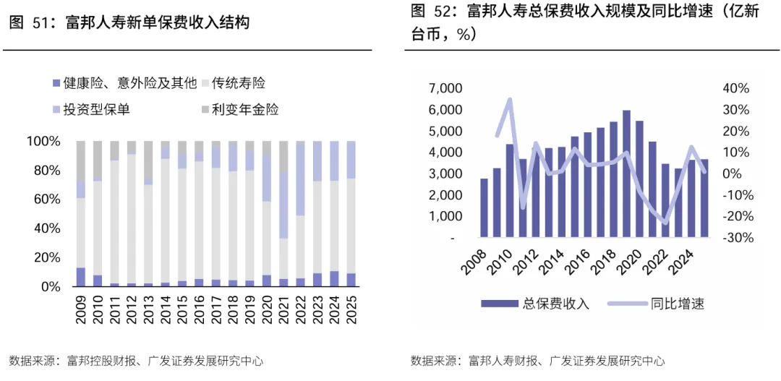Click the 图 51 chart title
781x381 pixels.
pos(129,23)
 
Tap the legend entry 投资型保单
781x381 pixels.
pos(91,110)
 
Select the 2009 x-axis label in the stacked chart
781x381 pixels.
pos(81,311)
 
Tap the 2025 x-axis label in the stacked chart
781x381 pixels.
pos(351,311)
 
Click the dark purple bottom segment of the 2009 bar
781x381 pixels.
pos(81,277)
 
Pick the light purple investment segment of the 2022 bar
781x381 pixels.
pos(300,179)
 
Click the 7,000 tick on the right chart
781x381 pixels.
pos(448,89)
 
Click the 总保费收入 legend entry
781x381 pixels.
pos(535,304)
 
